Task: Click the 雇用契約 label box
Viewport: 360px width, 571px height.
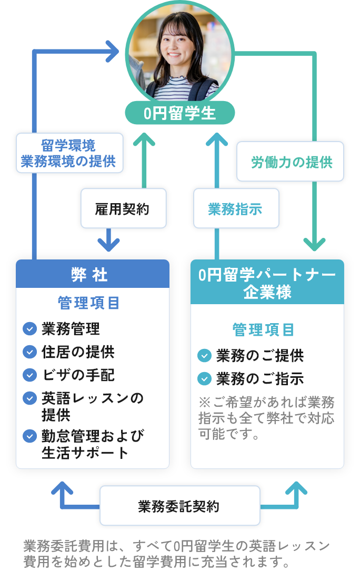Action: tap(123, 209)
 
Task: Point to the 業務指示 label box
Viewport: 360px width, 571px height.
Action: tap(235, 209)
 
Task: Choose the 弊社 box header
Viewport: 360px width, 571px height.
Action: tap(92, 274)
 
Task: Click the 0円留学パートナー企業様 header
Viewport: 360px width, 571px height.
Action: tap(267, 283)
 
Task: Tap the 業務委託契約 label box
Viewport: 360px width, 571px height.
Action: tap(179, 506)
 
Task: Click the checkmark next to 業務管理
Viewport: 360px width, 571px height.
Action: tap(29, 329)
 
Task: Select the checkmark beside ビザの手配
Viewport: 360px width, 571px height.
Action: tap(29, 375)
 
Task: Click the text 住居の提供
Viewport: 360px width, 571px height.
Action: tap(78, 352)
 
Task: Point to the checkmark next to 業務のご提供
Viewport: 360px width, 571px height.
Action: tap(204, 356)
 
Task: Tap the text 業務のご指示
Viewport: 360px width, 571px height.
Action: tap(259, 378)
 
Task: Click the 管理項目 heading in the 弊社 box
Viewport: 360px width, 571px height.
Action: tap(89, 303)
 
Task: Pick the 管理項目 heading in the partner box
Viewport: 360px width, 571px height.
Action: tap(264, 330)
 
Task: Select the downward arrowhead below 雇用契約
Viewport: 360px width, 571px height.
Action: tap(108, 242)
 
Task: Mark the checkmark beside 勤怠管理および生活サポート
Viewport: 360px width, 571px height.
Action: tap(29, 436)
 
